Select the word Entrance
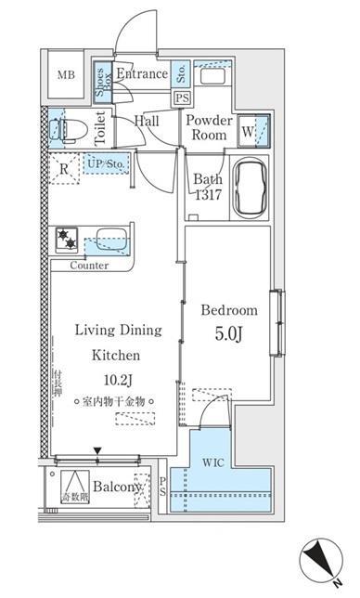141,74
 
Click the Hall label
147,122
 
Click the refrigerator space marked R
63,170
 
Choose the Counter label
89,266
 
